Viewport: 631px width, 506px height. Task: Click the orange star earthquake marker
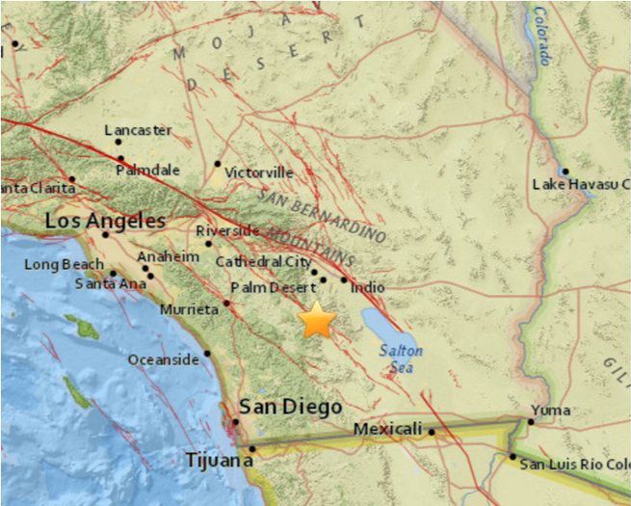317,321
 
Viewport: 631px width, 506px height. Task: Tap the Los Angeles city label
105,222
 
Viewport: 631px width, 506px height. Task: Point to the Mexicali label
388,429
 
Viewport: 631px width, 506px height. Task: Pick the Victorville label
258,173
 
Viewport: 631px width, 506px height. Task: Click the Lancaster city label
137,130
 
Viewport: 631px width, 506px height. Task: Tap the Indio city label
368,287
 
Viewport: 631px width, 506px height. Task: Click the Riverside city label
227,231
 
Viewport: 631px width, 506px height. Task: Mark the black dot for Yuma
531,421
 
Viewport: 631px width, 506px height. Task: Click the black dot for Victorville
219,164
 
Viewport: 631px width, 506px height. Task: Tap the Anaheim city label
169,256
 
